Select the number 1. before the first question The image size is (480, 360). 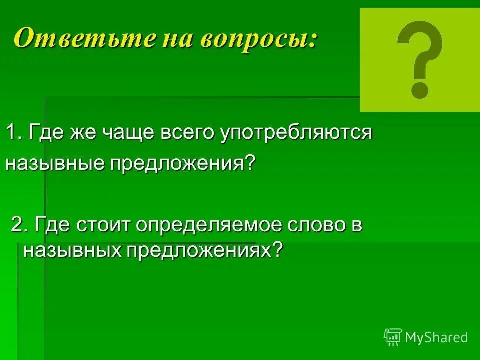coord(14,133)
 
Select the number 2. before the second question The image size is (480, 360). coord(20,225)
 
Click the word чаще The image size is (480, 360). coord(126,134)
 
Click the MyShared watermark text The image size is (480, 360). coord(436,337)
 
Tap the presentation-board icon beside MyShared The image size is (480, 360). coord(393,337)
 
